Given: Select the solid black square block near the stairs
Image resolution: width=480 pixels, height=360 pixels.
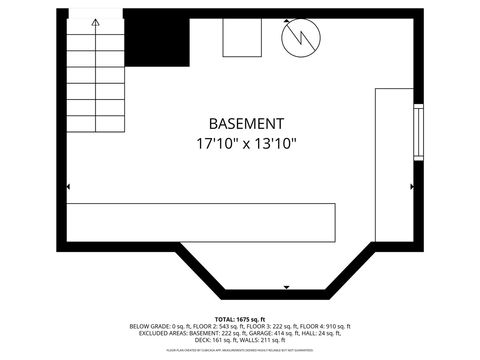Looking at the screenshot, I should point(157,40).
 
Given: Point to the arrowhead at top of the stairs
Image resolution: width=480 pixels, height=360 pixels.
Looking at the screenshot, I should point(95,21).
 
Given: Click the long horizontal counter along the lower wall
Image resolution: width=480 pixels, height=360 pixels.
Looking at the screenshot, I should point(201,220).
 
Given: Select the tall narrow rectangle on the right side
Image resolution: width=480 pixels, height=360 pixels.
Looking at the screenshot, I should point(394,165).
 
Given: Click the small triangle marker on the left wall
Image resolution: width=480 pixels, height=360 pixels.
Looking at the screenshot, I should point(68,187).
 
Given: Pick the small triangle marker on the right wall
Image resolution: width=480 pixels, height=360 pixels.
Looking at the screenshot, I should point(411,187).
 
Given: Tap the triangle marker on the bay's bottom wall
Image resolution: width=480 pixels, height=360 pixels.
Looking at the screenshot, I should point(287,288).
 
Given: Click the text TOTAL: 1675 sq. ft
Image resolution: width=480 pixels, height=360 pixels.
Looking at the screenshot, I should point(240,319).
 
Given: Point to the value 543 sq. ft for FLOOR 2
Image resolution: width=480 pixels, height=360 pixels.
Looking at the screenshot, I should point(222,326).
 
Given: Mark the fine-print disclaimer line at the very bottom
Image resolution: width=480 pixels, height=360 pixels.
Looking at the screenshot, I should point(240,351).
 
